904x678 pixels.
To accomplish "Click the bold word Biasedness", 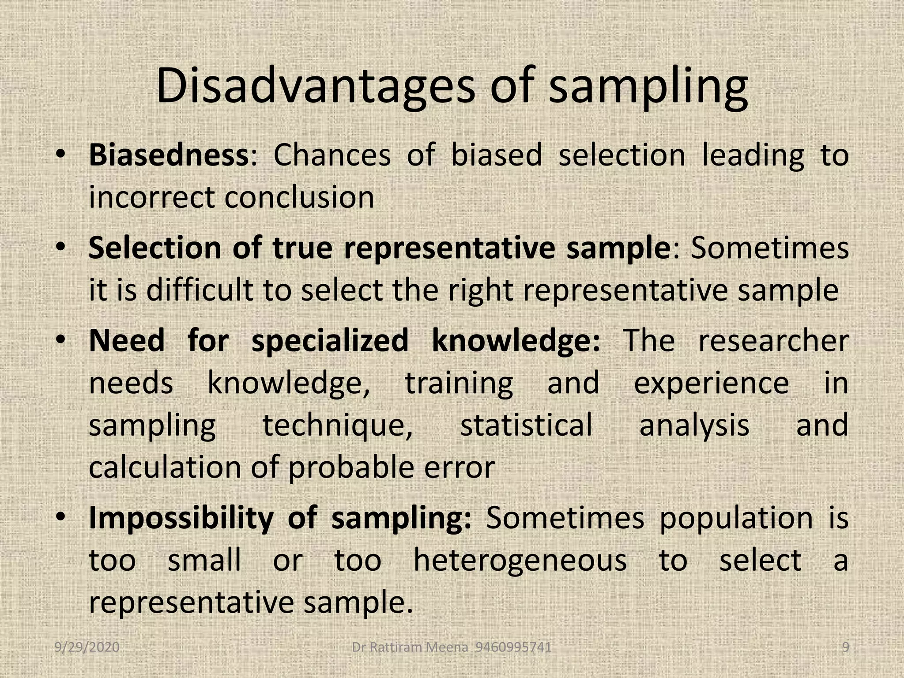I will pos(169,155).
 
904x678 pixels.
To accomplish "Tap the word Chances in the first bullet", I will pos(332,155).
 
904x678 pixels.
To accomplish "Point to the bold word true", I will pos(302,248).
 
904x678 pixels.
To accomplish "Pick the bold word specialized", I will pos(330,341).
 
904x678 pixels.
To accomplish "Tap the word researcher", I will pos(773,341).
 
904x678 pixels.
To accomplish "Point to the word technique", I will pos(338,426).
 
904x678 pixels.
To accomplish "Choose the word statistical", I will pos(526,425).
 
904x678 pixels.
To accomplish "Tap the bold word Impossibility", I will pos(181,518).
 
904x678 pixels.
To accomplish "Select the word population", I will pos(736,518).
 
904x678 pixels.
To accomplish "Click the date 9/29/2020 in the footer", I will pos(87,648).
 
